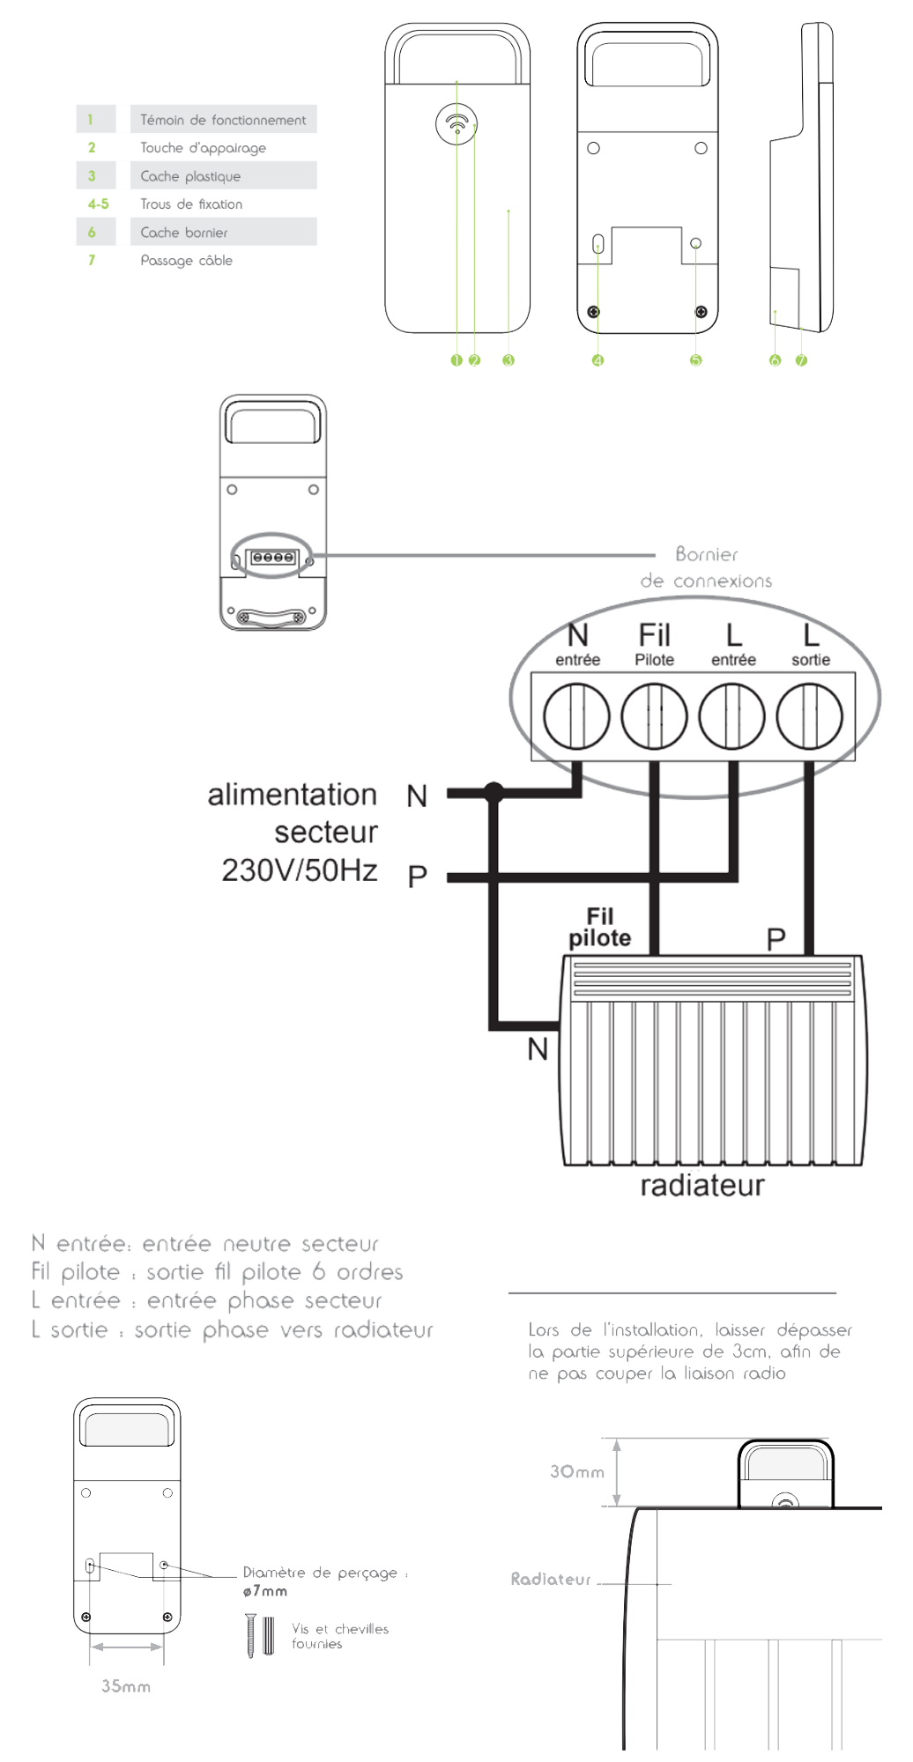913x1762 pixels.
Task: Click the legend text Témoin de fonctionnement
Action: click(x=223, y=120)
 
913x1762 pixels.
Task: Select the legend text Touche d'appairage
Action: click(x=203, y=148)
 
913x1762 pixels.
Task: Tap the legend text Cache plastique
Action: click(x=190, y=176)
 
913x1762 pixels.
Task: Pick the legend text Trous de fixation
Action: click(x=191, y=204)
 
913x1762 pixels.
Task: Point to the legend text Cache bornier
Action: click(x=184, y=233)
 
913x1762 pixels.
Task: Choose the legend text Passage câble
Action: click(x=187, y=261)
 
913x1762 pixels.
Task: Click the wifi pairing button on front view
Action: click(x=456, y=124)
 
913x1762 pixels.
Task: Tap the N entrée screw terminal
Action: click(x=576, y=715)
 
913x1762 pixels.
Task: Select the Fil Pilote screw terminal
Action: click(x=654, y=715)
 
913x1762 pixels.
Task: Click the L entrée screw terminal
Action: click(x=731, y=715)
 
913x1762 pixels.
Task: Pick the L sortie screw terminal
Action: click(x=809, y=715)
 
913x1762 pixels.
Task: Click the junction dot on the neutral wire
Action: click(x=494, y=793)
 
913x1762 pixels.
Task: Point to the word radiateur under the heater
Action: click(x=701, y=1186)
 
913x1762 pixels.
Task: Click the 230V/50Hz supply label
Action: click(x=300, y=870)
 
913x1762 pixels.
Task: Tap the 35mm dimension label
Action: click(x=125, y=1686)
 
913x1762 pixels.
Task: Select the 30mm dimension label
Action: click(x=577, y=1471)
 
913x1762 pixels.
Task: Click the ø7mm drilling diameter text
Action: click(x=264, y=1591)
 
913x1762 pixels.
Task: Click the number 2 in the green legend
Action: click(x=92, y=148)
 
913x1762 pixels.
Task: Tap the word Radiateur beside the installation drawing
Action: click(x=551, y=1580)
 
